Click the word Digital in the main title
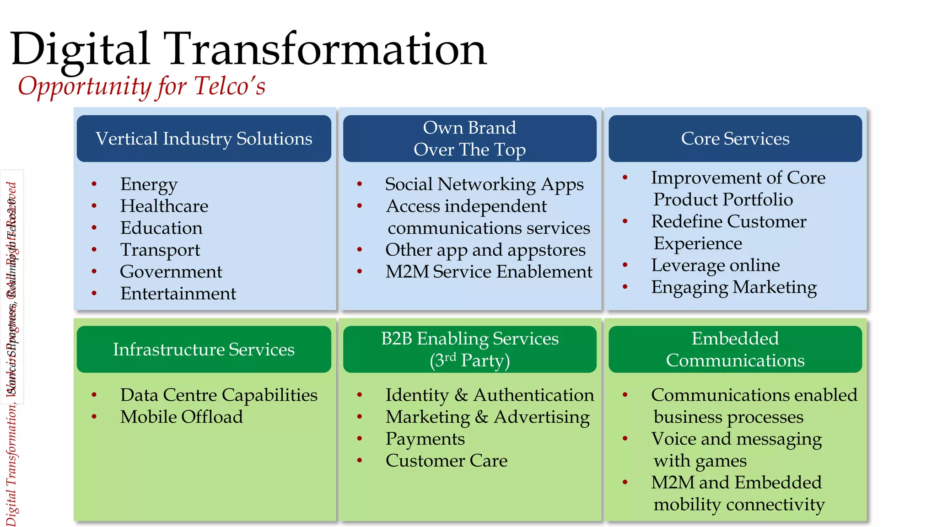80,49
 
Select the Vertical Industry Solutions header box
204,139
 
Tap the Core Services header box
735,139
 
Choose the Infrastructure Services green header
204,350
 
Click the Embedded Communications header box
735,350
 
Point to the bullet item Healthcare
164,206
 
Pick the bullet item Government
171,272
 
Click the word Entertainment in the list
178,294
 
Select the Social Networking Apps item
484,184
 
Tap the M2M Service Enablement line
489,272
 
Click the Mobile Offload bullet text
181,417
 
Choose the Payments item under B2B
425,439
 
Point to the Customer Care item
446,461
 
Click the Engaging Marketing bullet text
734,287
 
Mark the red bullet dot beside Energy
94,184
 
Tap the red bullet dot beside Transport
94,250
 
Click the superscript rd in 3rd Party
450,357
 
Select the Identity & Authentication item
489,395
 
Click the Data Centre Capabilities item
219,395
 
